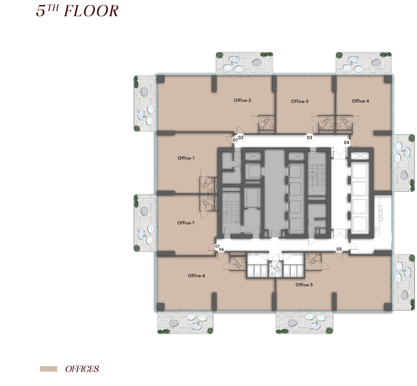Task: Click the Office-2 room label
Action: click(x=242, y=100)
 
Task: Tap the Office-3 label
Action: click(x=300, y=102)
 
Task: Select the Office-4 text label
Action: click(x=360, y=101)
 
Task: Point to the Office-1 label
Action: click(x=186, y=158)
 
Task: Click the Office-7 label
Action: click(x=186, y=223)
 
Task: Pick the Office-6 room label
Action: click(x=197, y=276)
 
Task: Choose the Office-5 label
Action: click(x=304, y=285)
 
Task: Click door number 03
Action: click(x=310, y=138)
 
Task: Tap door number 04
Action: click(x=346, y=143)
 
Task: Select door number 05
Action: click(x=339, y=249)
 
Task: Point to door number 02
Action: click(x=241, y=138)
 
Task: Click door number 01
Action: click(x=235, y=140)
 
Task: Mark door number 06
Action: click(x=222, y=249)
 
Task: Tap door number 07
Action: click(x=217, y=246)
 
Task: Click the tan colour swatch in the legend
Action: click(x=49, y=369)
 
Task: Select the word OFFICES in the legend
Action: click(x=82, y=369)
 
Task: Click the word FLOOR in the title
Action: click(x=91, y=11)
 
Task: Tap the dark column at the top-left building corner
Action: click(x=161, y=79)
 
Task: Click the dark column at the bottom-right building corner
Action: click(x=388, y=307)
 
